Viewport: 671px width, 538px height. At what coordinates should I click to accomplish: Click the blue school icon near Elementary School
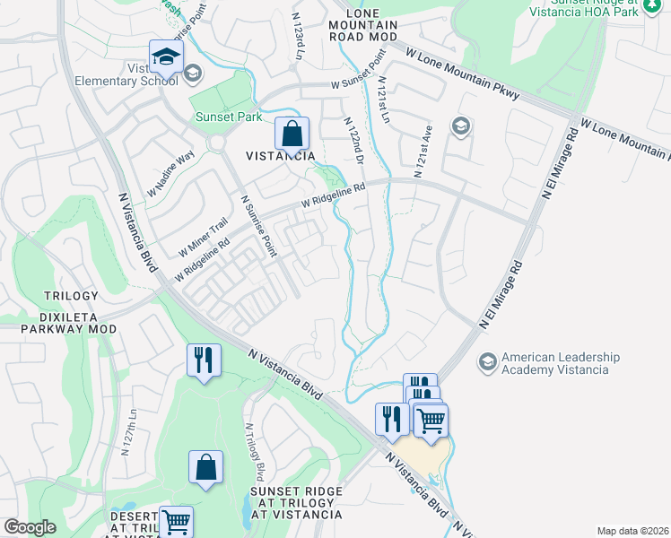166,58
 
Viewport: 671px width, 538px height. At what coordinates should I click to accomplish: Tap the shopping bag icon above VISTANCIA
292,134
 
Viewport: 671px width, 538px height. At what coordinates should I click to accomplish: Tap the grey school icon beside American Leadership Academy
487,361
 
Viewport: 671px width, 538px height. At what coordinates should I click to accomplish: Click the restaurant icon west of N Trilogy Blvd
204,360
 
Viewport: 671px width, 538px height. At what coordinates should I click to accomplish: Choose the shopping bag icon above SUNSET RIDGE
205,466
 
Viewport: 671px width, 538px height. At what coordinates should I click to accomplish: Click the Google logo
30,527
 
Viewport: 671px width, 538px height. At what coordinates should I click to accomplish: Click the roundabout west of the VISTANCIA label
216,143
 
